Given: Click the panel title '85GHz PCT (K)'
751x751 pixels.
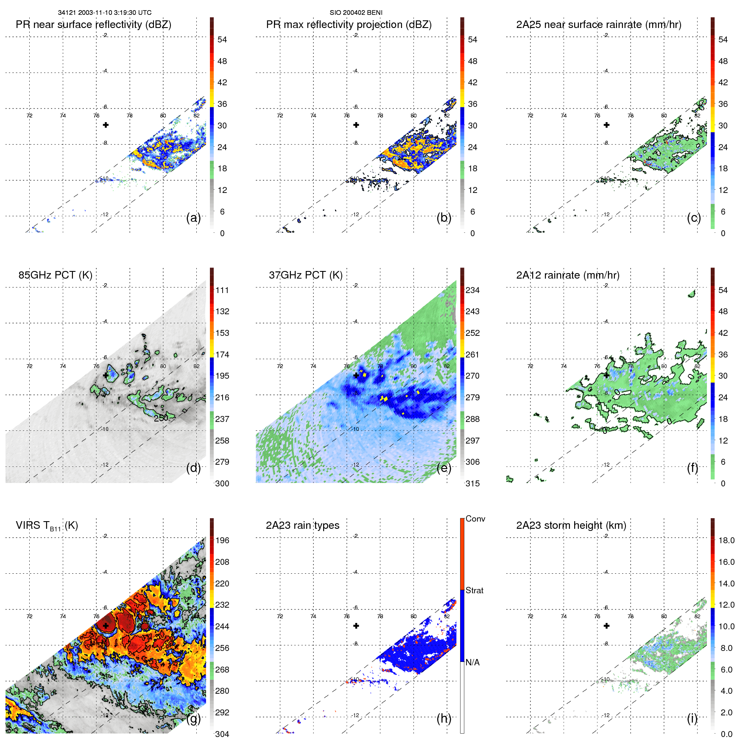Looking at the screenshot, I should [55, 275].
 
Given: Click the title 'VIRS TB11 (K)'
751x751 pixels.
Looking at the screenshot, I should [47, 525].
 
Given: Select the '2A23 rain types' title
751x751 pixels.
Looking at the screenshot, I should [302, 525].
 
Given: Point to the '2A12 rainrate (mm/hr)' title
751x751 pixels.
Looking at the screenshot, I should [567, 275].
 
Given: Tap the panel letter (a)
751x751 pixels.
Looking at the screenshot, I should [193, 218].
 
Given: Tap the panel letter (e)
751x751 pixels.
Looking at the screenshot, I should [444, 468].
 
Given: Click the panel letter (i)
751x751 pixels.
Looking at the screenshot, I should [692, 718].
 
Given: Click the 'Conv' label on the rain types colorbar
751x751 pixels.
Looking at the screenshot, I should [475, 519].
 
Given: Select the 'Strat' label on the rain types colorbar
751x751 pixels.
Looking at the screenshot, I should [474, 590].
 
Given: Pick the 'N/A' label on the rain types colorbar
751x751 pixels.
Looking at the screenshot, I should [472, 662].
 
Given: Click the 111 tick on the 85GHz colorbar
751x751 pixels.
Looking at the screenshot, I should [222, 290].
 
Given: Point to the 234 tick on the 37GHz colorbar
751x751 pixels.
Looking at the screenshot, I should [472, 290].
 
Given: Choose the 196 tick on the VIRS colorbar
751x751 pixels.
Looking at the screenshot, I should [222, 540].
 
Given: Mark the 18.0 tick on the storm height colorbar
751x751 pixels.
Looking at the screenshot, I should [726, 540].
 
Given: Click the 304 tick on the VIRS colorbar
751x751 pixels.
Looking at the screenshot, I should [222, 734].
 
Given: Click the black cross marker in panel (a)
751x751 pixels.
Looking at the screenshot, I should [106, 125].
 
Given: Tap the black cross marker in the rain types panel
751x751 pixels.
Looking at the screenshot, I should [356, 625].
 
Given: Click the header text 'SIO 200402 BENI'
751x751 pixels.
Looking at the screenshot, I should [356, 13].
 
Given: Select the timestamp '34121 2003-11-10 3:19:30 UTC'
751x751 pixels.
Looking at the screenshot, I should [104, 13].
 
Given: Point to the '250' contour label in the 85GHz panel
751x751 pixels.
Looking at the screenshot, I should [161, 418].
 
